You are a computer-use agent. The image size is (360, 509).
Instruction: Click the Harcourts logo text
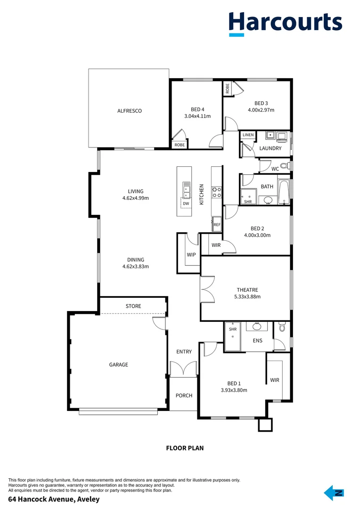tap(285, 22)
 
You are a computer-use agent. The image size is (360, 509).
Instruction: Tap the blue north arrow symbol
tap(334, 493)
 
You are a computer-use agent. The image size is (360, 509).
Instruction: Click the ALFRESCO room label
tap(130, 111)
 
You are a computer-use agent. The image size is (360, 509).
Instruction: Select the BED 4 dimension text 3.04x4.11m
tap(197, 116)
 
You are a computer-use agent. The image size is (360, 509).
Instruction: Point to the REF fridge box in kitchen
tap(217, 225)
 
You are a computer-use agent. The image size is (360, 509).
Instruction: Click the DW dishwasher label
tap(186, 204)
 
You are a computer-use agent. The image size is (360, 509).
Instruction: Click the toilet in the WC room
tap(285, 166)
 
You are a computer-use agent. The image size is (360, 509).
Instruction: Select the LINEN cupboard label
tap(248, 135)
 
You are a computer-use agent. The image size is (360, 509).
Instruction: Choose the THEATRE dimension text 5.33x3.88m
tap(247, 297)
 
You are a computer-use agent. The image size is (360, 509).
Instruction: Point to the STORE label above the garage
tap(133, 306)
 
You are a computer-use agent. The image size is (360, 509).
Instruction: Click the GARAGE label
tap(119, 365)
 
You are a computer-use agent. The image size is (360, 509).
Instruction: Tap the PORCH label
tap(184, 395)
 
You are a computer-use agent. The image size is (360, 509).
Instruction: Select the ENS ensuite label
tap(257, 340)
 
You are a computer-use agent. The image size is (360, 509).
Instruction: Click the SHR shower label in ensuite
tap(233, 329)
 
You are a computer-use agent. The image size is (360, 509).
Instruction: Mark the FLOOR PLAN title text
tap(185, 448)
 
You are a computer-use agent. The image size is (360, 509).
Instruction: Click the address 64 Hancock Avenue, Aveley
tap(54, 499)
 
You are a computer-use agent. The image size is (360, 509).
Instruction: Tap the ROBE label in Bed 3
tap(228, 88)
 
